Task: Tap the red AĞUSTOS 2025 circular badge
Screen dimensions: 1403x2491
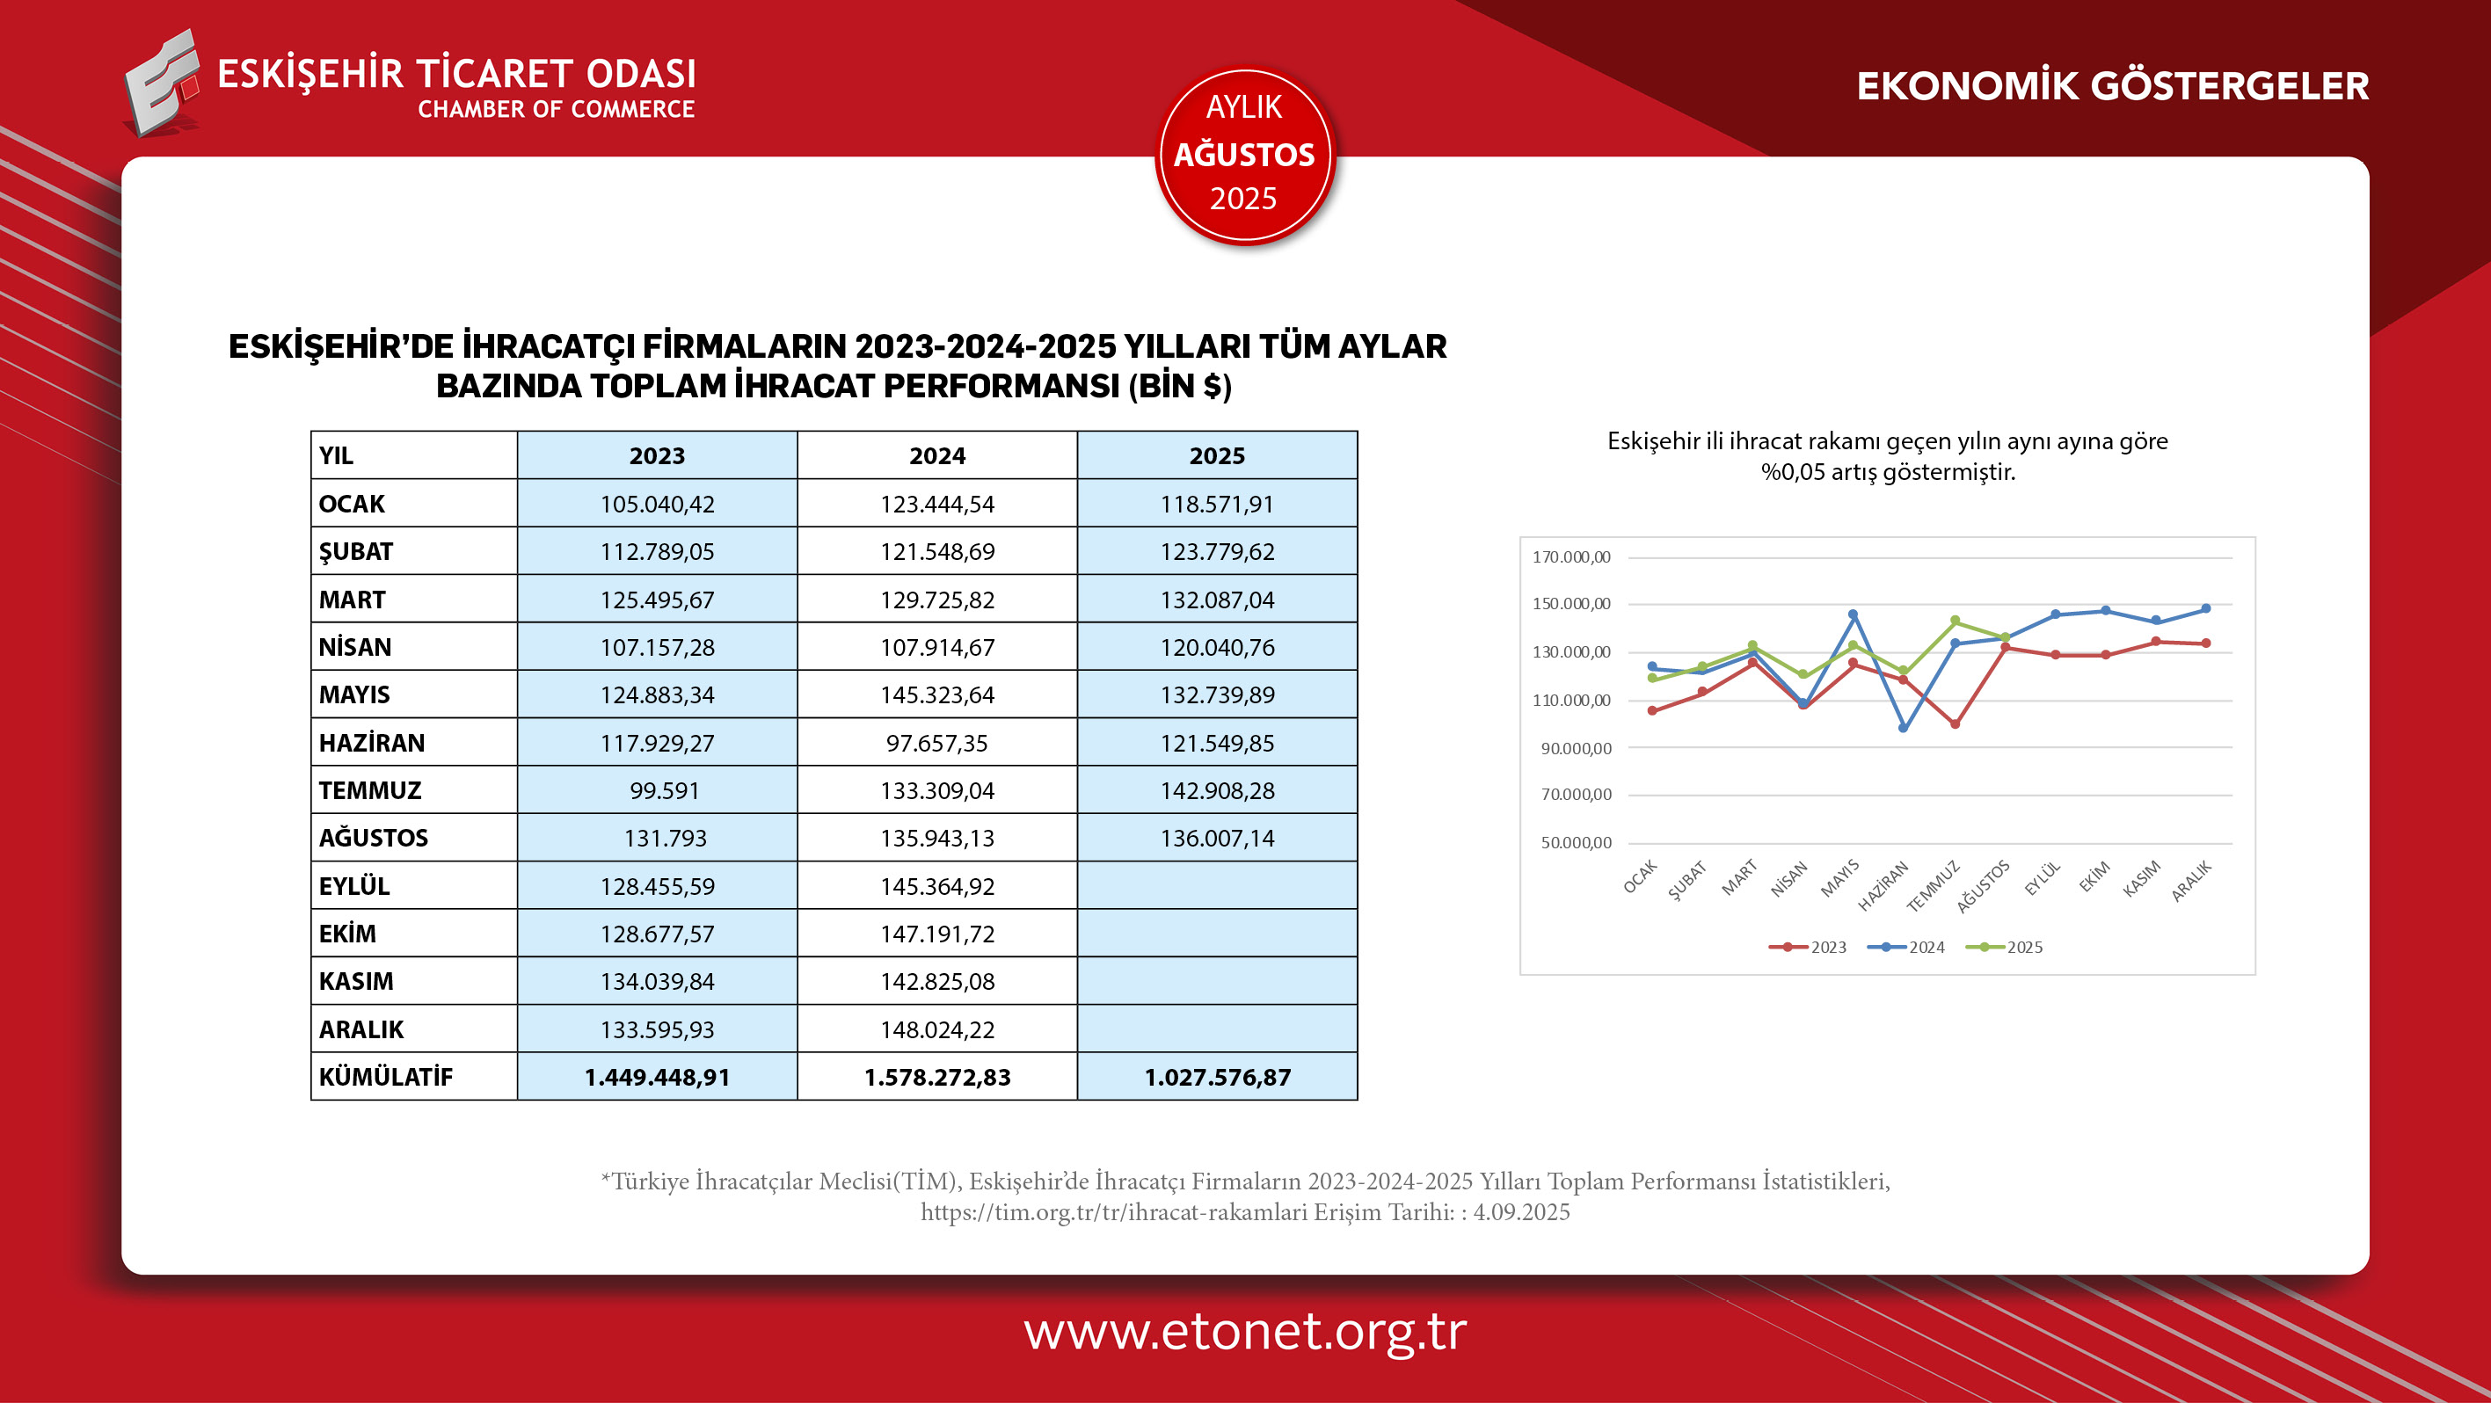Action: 1244,155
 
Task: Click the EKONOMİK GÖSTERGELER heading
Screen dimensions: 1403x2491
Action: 2112,86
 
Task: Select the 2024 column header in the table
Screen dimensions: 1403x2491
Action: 936,455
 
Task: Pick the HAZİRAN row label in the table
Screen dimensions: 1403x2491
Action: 372,743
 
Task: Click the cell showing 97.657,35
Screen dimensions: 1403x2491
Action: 936,743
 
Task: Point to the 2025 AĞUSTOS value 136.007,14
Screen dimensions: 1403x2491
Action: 1217,839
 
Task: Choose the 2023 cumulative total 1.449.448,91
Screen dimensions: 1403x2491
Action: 657,1077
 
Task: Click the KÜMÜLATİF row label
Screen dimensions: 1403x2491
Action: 386,1077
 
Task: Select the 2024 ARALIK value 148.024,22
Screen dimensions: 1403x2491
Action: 936,1029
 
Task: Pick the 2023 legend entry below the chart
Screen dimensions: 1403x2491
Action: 1809,948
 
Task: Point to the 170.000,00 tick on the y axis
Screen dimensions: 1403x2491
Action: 1571,557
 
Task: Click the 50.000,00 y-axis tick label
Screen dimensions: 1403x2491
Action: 1576,843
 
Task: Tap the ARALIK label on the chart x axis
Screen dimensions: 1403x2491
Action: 2191,882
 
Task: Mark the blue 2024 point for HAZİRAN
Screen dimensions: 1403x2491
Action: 1903,728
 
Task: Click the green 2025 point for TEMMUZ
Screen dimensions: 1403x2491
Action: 1956,621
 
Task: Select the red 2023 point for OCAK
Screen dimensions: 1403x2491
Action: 1653,710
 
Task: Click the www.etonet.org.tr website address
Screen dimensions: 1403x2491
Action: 1244,1332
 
